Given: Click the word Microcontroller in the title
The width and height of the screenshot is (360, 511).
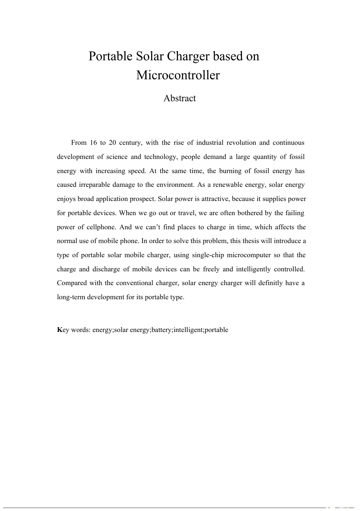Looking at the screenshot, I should tap(178, 75).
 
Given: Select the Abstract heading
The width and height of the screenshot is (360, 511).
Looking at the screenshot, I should tap(179, 98).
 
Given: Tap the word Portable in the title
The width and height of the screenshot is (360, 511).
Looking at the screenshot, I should tap(111, 57).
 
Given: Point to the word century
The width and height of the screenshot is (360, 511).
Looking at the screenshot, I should tap(130, 143).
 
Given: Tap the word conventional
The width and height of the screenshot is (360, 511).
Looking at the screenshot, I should tap(134, 283).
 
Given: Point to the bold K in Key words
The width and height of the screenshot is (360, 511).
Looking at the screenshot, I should tap(60, 330).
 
